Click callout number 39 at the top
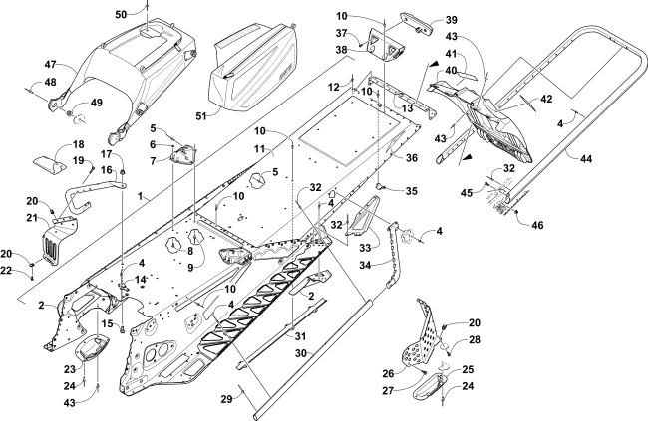(423, 20)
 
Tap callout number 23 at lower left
(69, 368)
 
